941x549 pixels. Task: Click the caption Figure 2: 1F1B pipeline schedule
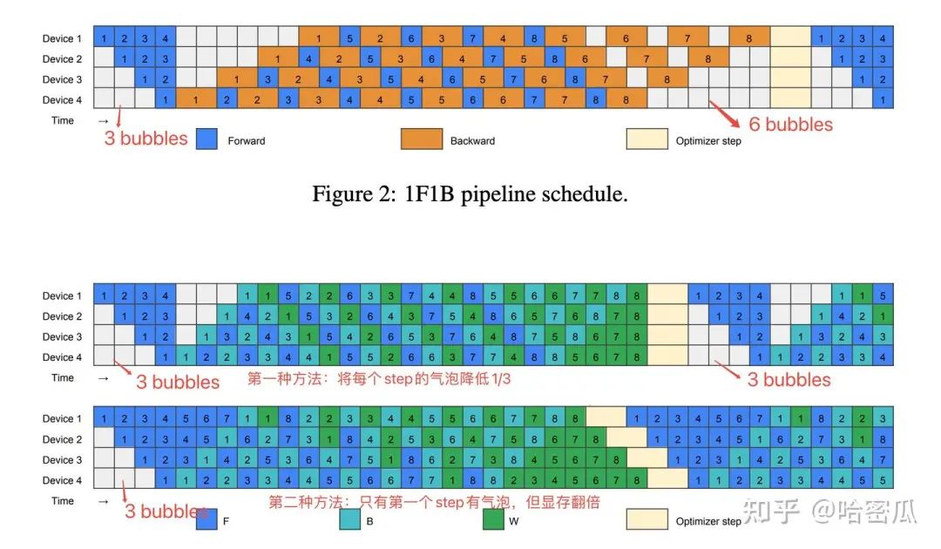pos(470,193)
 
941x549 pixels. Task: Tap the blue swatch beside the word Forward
pos(206,139)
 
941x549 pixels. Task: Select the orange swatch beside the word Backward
pos(421,139)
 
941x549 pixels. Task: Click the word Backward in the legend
pos(471,140)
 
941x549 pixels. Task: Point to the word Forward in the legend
pos(247,140)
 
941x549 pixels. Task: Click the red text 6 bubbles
pos(790,125)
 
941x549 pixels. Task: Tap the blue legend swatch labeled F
pos(206,519)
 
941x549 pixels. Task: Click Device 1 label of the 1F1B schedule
pos(62,38)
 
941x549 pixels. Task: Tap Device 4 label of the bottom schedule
pos(62,480)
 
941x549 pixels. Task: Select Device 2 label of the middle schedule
pos(62,316)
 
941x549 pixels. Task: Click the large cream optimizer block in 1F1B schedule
pos(789,69)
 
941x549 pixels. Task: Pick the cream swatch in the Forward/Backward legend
pos(647,139)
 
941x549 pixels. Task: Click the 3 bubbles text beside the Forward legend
pos(146,138)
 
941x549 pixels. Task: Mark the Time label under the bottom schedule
pos(63,501)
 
